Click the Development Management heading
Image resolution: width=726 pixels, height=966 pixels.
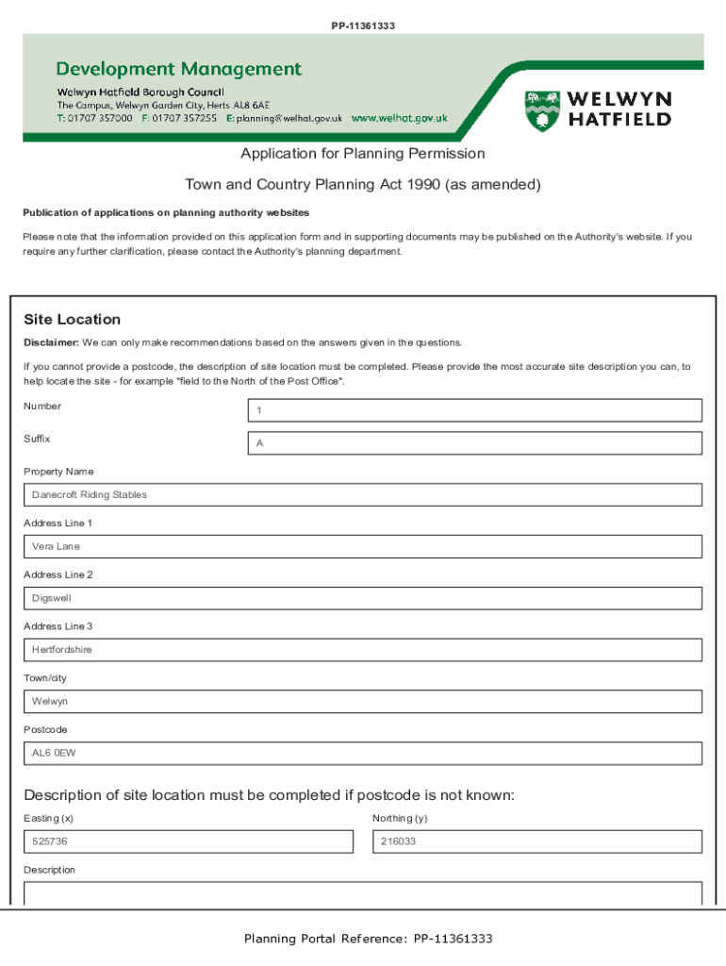(179, 69)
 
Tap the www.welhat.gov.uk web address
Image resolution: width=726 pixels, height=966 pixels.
(399, 119)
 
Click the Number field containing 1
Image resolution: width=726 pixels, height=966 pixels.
(475, 410)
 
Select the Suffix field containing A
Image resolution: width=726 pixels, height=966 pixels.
(475, 443)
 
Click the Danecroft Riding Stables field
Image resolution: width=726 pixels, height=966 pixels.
(363, 495)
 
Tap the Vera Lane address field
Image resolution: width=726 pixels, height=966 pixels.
(363, 547)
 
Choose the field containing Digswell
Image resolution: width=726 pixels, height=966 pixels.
(363, 598)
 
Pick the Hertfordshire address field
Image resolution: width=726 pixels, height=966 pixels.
(363, 650)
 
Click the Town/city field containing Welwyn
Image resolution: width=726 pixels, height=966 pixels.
(363, 702)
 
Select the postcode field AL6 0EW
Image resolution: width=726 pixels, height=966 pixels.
(363, 754)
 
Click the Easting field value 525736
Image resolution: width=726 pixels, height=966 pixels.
(188, 841)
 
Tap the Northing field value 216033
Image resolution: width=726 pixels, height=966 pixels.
(537, 841)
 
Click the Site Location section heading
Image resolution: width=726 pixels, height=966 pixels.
(72, 320)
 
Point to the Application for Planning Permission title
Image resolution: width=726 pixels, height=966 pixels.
(362, 154)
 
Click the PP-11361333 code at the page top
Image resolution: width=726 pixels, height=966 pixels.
(363, 25)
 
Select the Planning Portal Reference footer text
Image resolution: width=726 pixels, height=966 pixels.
(368, 939)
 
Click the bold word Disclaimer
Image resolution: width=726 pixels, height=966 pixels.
(51, 342)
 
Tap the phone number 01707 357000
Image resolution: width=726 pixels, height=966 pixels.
(101, 119)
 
